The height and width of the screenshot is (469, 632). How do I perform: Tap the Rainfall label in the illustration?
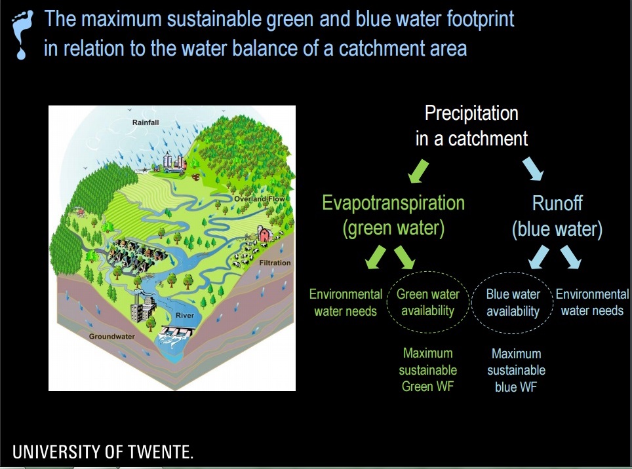point(146,122)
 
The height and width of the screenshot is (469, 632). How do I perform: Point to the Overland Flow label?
point(259,199)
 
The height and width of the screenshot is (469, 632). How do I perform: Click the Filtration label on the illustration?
point(275,263)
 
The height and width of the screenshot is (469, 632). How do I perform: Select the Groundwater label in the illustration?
point(111,336)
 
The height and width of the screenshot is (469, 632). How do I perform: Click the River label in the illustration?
point(185,315)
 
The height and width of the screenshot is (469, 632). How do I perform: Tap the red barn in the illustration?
point(264,234)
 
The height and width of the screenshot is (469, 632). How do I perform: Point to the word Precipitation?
point(471,113)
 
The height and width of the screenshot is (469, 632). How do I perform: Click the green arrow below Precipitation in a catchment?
point(418,171)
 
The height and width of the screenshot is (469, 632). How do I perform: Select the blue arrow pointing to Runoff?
point(533,169)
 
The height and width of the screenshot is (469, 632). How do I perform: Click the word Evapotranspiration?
point(393,202)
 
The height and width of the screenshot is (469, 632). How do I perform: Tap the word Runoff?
point(557,203)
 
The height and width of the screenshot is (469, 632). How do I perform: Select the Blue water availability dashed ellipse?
point(513,272)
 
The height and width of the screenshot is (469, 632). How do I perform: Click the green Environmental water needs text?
point(346,303)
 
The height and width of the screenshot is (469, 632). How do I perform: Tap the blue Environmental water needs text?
point(592,303)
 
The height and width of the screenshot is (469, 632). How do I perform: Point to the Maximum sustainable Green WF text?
point(427,370)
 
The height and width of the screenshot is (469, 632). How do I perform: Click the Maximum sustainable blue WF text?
point(517,370)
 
